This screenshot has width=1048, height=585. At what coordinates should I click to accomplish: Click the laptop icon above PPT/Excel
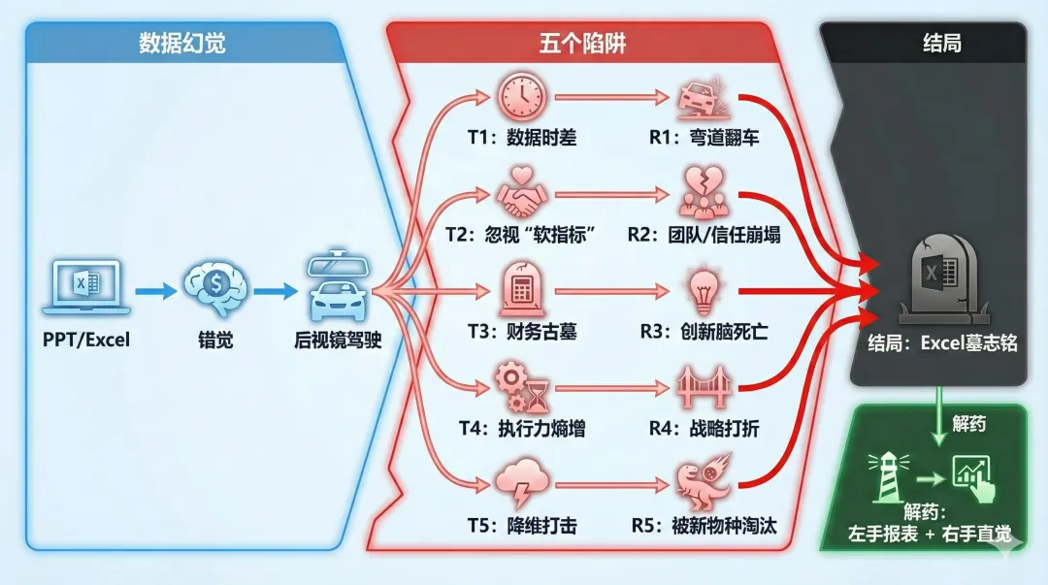pos(86,287)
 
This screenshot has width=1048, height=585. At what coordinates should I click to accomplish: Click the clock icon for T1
pos(522,97)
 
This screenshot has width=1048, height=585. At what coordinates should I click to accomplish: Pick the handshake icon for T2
pos(523,194)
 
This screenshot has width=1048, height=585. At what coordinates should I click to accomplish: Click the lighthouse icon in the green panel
pos(886,474)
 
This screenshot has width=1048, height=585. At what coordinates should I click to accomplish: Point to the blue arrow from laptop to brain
pos(152,289)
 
